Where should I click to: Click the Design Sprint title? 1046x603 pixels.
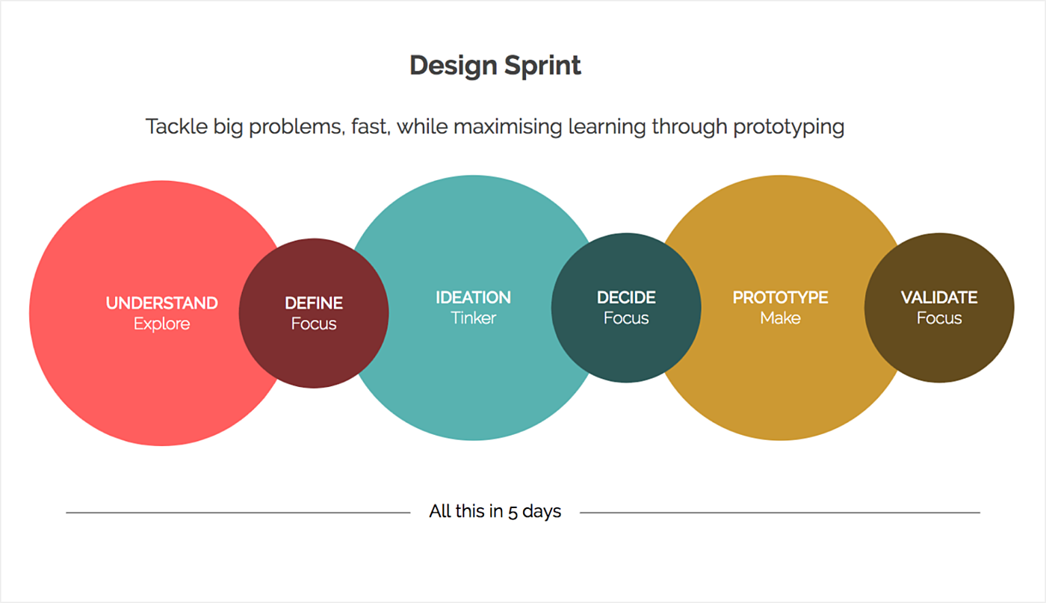(495, 66)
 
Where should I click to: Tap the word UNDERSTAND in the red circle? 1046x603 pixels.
(161, 303)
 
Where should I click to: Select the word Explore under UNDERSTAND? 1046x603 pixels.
(161, 324)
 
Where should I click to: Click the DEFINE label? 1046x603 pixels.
(314, 303)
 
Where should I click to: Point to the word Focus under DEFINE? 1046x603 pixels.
(314, 324)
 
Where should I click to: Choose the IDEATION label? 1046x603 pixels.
(473, 297)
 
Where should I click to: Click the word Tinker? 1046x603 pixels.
(473, 318)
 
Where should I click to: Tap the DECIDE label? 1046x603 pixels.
(626, 297)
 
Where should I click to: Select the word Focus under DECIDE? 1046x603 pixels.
(626, 318)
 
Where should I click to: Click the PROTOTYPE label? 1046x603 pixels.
(780, 297)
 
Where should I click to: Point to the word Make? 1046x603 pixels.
(780, 318)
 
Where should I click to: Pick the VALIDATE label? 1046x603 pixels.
(939, 297)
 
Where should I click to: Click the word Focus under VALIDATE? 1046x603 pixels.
(939, 318)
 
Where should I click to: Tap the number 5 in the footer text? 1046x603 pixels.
(513, 513)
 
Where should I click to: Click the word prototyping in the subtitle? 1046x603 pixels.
(789, 127)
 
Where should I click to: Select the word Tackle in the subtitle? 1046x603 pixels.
(176, 126)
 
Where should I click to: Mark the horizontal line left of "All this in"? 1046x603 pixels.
(238, 513)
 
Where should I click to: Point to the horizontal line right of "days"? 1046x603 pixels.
(780, 513)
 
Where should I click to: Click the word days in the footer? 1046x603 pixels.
(542, 512)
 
